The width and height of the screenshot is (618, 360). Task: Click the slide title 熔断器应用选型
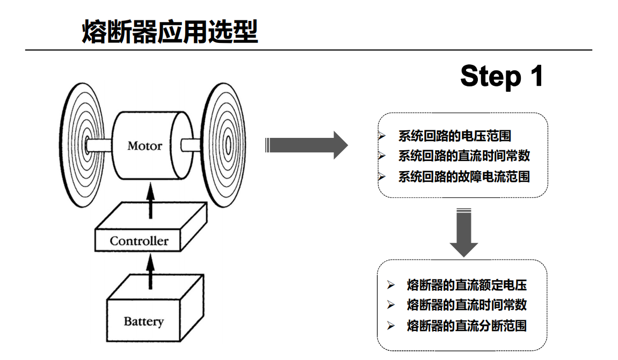click(170, 32)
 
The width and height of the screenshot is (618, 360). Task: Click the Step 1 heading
click(501, 76)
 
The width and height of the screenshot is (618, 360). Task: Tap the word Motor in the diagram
click(144, 145)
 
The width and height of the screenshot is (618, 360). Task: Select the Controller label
click(139, 241)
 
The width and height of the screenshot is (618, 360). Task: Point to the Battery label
click(143, 321)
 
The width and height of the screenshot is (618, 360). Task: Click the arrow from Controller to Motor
click(150, 199)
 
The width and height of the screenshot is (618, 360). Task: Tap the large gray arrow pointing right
click(307, 145)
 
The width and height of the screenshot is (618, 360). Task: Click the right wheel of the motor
click(226, 144)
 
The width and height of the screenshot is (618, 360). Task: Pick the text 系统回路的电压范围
click(454, 136)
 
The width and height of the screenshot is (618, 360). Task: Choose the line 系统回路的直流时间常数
click(464, 156)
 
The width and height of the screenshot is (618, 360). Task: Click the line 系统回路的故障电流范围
click(464, 177)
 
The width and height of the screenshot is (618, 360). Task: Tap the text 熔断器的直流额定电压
click(467, 285)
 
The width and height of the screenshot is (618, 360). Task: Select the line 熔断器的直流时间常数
click(467, 305)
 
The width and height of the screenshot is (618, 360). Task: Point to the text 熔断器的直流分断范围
click(467, 325)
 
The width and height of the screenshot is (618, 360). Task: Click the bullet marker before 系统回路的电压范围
click(382, 136)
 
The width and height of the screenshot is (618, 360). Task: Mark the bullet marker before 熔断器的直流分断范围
click(391, 325)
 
